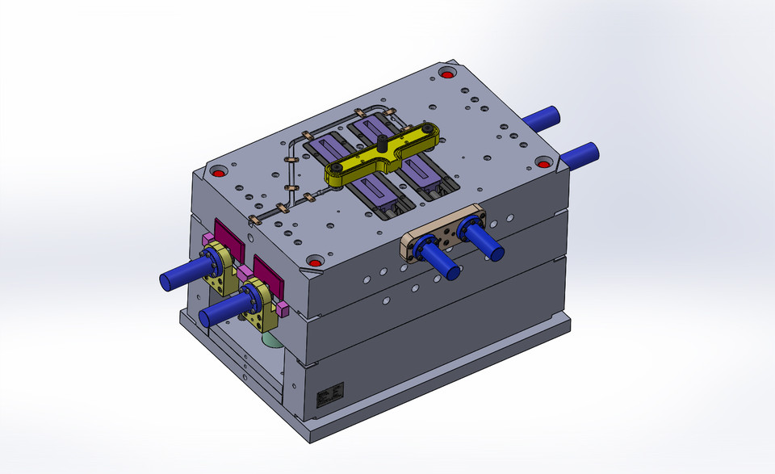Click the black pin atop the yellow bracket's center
click(x=380, y=143)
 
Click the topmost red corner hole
click(x=447, y=74)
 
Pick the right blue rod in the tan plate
click(x=485, y=241)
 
